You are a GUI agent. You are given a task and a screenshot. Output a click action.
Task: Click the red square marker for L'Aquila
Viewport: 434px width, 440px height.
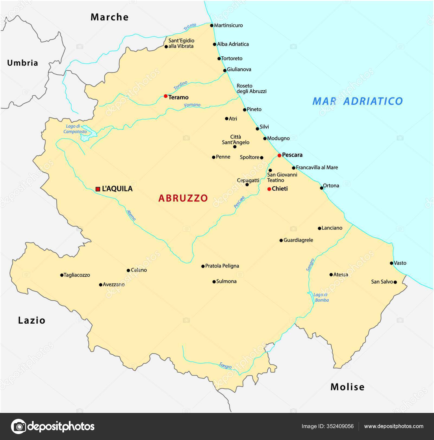[98, 189]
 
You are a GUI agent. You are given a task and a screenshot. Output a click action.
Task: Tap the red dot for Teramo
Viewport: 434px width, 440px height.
[165, 96]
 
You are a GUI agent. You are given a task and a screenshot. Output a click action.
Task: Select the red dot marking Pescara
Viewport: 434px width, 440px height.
[279, 155]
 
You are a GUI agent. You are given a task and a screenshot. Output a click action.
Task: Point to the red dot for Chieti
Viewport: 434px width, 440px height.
[269, 189]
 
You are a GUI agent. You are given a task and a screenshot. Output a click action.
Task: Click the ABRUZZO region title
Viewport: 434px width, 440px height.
[183, 198]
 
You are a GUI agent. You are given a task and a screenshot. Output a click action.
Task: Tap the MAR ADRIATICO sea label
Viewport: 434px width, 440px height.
[358, 101]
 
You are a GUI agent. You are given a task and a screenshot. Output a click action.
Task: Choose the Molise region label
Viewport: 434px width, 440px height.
[347, 387]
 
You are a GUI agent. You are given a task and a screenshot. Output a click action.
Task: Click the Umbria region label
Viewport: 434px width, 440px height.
[23, 63]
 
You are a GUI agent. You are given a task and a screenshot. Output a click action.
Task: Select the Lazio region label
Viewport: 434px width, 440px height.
[32, 320]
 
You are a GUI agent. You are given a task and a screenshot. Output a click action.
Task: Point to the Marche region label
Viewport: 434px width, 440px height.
[110, 17]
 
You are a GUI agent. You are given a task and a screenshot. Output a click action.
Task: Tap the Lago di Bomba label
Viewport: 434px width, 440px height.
[321, 297]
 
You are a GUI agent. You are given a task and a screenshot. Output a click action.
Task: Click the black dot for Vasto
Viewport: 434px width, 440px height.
[391, 263]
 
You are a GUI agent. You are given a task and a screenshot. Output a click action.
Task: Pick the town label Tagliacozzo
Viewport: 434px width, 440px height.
[77, 275]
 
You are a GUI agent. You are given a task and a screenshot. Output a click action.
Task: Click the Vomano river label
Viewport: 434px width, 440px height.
[192, 105]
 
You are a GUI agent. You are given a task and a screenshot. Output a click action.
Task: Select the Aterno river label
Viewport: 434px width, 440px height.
[131, 215]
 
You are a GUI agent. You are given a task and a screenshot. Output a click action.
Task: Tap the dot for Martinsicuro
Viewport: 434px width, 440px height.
[212, 25]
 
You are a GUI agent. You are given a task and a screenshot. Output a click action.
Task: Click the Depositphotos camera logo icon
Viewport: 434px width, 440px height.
[18, 426]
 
